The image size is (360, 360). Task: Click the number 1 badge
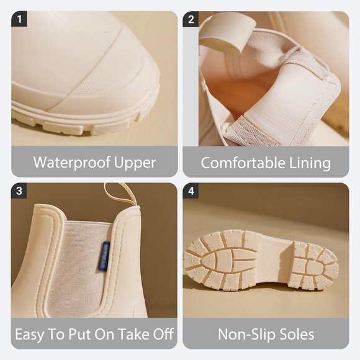click(19, 19)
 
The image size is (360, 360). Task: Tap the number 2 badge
click(191, 19)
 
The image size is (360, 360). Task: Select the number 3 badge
click(19, 191)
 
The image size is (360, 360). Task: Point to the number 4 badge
click(191, 191)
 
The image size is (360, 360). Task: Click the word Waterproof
click(72, 163)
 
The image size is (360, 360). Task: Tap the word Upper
click(135, 163)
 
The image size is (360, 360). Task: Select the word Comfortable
click(243, 163)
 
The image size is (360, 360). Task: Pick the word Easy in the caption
click(29, 335)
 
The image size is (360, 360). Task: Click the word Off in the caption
click(163, 334)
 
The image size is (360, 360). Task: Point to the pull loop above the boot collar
click(122, 193)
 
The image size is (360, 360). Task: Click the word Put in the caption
click(80, 334)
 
